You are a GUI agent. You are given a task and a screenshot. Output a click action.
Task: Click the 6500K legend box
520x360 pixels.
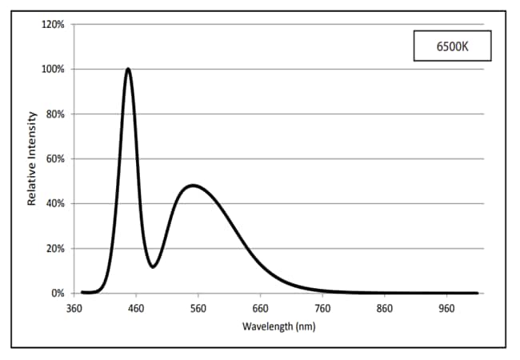pos(451,47)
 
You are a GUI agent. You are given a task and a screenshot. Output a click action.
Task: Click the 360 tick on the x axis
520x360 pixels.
pos(74,307)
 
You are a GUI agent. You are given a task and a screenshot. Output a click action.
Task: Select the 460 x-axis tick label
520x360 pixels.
pos(136,307)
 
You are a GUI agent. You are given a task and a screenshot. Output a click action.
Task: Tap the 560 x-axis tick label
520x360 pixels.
pos(198,307)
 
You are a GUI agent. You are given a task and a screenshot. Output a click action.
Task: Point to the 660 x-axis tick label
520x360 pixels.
pos(261,307)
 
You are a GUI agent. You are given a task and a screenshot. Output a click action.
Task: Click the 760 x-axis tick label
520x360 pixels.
pos(323,307)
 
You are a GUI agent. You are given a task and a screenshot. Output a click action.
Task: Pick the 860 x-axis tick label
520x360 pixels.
pos(386,307)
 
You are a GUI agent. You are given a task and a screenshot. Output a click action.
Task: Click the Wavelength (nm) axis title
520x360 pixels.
pos(278,326)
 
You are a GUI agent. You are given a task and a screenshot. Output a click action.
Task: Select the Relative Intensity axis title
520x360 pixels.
pos(33,159)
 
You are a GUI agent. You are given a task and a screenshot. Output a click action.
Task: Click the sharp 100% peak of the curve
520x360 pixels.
pos(128,69)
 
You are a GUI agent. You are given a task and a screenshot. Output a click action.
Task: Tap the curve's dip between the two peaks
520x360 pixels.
pos(153,266)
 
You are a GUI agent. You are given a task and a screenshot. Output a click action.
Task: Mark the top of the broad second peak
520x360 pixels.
pos(193,186)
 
